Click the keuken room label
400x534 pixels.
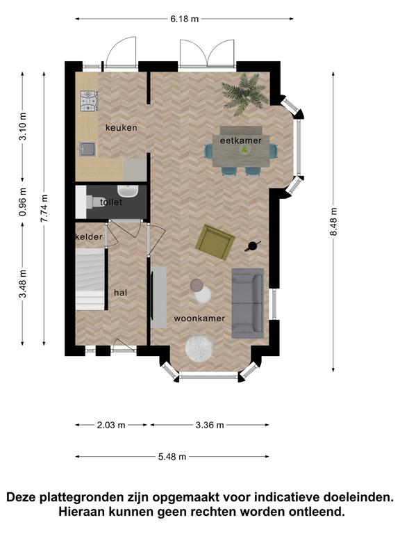tap(121, 128)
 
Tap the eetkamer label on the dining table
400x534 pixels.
tap(240, 140)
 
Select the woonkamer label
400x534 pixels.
tap(199, 318)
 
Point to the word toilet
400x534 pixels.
tap(111, 202)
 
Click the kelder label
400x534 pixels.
tap(89, 236)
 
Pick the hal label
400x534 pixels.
tap(121, 293)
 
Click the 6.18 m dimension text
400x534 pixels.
tap(184, 19)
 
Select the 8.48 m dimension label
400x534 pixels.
tap(333, 221)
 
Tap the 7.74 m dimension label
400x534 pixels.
tap(44, 208)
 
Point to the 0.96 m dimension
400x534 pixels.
tap(23, 202)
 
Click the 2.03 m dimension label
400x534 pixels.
tap(111, 425)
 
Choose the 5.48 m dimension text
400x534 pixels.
tap(172, 456)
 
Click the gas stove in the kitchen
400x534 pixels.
tap(89, 101)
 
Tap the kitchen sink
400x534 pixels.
tap(87, 149)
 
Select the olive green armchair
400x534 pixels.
tap(215, 241)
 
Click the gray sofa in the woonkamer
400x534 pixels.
tap(248, 303)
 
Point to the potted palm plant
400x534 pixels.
tap(244, 92)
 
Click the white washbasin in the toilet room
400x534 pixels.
tap(128, 191)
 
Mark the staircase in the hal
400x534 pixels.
tap(90, 279)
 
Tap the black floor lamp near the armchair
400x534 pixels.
tap(253, 246)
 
